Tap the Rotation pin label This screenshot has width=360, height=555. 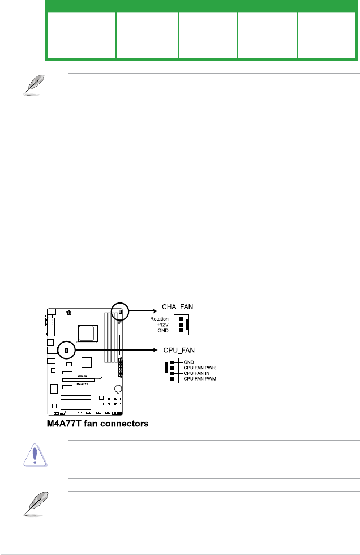pyautogui.click(x=159, y=319)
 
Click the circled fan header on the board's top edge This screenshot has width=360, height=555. pyautogui.click(x=121, y=311)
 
